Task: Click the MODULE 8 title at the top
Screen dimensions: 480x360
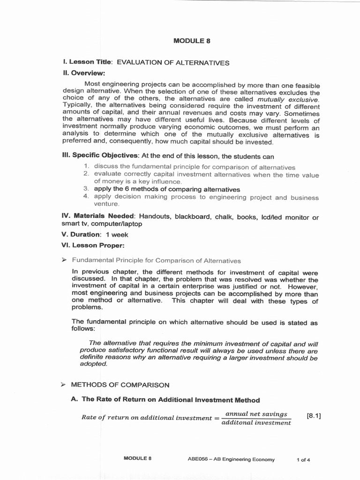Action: [192, 41]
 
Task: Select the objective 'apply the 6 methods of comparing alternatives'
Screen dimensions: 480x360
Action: [167, 189]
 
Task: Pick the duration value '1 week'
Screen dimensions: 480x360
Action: [117, 234]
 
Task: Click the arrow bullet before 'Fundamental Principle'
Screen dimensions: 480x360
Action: [65, 261]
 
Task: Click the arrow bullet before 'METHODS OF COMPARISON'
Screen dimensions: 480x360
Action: [65, 385]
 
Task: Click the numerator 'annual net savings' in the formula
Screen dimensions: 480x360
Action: [256, 414]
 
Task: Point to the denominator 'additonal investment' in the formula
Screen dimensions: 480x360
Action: [256, 423]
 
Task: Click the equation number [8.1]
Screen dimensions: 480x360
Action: [313, 416]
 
